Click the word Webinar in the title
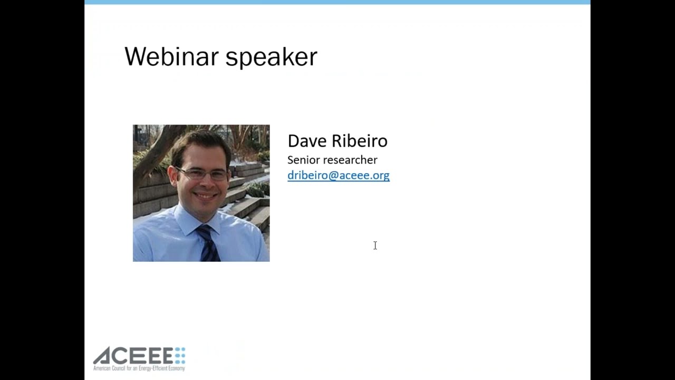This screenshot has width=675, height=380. click(171, 56)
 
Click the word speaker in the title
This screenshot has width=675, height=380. click(271, 59)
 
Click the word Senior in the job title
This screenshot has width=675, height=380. click(303, 160)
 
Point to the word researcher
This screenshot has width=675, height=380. click(350, 160)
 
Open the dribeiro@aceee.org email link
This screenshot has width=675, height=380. click(339, 176)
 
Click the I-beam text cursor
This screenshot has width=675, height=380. click(375, 245)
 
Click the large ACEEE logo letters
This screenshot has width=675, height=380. click(133, 356)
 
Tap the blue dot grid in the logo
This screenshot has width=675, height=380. click(180, 356)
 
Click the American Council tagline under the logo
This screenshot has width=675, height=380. click(139, 368)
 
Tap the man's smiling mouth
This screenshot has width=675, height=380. click(206, 196)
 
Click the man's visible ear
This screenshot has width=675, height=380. click(173, 178)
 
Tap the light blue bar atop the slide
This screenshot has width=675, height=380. click(337, 2)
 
